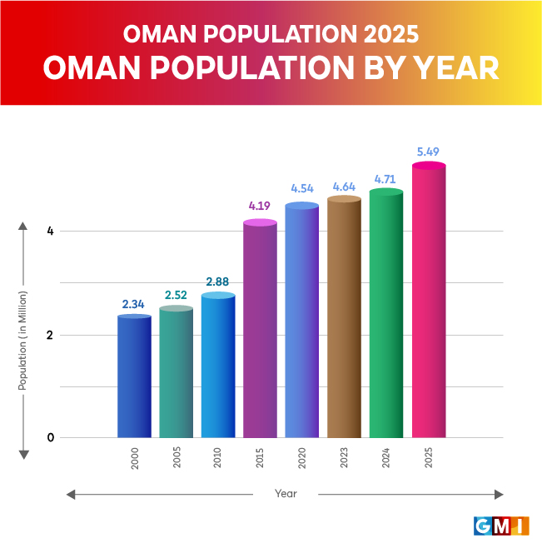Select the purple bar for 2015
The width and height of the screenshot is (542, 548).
[261, 330]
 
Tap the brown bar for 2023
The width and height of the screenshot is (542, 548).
[344, 317]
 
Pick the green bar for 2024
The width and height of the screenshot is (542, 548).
[386, 314]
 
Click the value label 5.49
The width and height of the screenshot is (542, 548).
[428, 152]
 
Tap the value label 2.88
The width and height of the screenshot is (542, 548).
[218, 281]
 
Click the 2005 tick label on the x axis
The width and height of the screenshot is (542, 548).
[177, 460]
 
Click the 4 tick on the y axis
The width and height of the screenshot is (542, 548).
[50, 231]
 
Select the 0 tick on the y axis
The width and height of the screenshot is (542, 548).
[50, 437]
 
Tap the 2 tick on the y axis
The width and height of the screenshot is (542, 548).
[50, 335]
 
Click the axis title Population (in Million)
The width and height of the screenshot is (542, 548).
[23, 341]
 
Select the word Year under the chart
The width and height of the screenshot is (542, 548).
[286, 494]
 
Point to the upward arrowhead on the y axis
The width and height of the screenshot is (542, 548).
[23, 227]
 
